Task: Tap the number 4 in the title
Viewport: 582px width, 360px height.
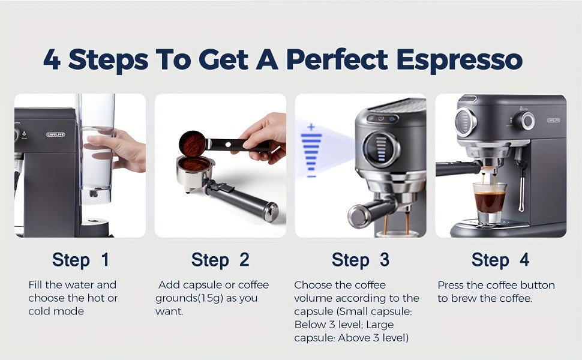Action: tap(52, 60)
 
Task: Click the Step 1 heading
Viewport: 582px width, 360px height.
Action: tap(80, 260)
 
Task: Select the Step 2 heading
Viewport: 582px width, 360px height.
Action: tap(220, 260)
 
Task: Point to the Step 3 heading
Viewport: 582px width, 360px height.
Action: tap(360, 260)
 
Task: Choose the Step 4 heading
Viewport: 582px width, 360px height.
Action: tap(500, 260)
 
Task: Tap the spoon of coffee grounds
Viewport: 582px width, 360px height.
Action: tap(193, 144)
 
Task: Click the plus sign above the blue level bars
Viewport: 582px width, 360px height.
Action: tap(311, 127)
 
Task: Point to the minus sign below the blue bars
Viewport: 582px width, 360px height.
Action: tap(311, 176)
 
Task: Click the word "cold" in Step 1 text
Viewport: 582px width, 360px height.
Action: tap(40, 311)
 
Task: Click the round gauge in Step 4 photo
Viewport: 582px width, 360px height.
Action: tap(466, 122)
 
